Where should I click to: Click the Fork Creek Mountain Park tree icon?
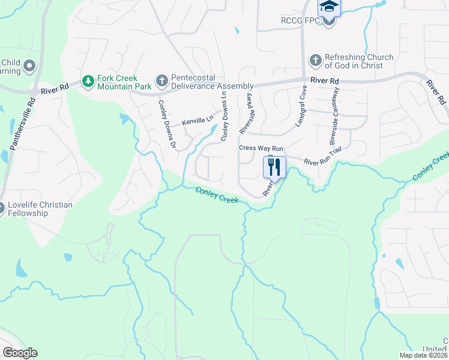(88, 80)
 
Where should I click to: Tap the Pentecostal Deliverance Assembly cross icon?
(161, 80)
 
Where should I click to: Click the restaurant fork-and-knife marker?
(274, 167)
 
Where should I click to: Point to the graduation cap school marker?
(329, 7)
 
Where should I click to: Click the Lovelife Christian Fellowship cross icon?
(2, 208)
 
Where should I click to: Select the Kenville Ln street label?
(199, 120)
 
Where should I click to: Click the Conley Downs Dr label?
(166, 124)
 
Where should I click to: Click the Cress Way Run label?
(261, 148)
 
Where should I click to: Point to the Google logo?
(20, 353)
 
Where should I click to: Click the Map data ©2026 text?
(423, 355)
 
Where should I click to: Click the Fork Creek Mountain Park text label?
(118, 82)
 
